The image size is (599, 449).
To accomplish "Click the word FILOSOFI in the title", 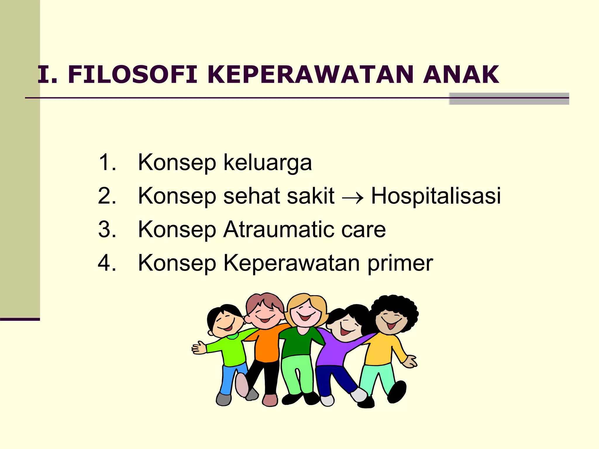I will (x=132, y=75).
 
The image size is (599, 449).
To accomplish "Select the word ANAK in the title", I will (x=461, y=75).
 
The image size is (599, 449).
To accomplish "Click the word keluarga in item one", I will (x=268, y=163).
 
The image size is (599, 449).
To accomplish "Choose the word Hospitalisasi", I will (x=436, y=196).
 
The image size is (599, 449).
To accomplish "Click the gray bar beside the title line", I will (x=509, y=99).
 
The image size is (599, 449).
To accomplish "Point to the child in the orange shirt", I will (x=267, y=345).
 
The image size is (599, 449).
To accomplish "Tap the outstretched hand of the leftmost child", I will (x=199, y=348).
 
